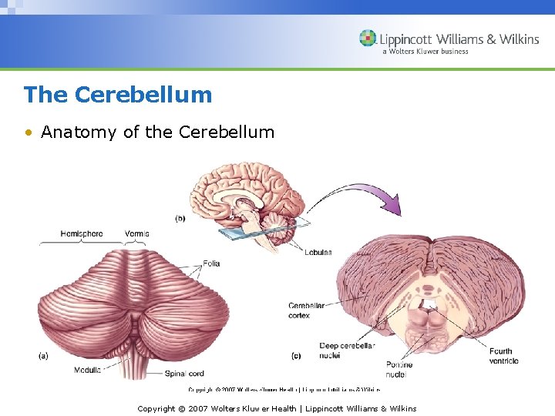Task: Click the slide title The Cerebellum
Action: point(117,95)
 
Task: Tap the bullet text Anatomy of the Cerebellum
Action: point(157,132)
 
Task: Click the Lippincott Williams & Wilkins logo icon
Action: point(368,39)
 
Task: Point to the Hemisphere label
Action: point(81,233)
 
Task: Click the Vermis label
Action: point(136,233)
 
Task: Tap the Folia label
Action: point(211,263)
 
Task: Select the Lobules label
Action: point(317,253)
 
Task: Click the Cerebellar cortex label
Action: point(306,310)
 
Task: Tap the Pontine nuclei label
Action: point(399,370)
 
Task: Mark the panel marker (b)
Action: point(180,218)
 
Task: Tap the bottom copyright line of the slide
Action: point(277,408)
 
